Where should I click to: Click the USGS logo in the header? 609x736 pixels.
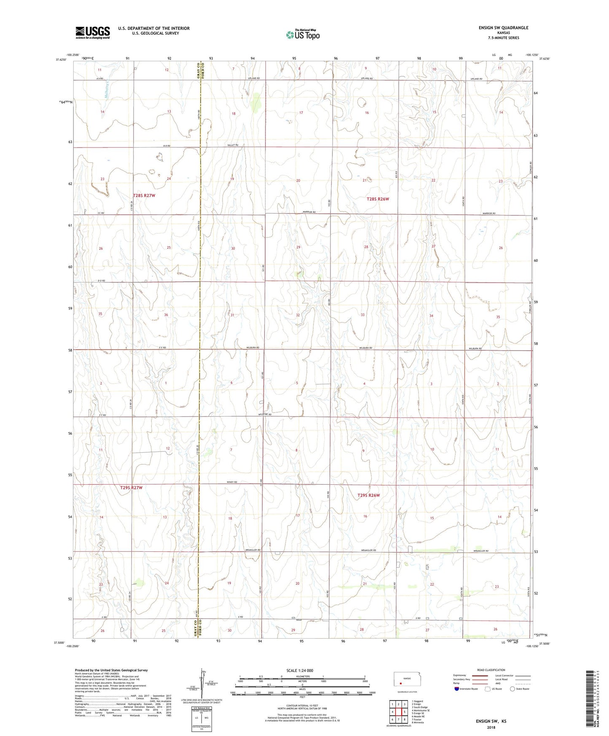(x=93, y=32)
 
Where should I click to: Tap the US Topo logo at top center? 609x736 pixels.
(x=303, y=35)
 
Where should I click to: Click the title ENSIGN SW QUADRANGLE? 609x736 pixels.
(x=503, y=28)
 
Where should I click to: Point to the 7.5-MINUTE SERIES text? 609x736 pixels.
(x=503, y=38)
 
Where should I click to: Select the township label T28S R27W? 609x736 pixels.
(x=144, y=196)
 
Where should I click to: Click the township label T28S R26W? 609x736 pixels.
(x=378, y=199)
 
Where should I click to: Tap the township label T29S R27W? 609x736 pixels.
(x=131, y=488)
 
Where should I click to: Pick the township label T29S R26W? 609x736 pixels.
(x=369, y=495)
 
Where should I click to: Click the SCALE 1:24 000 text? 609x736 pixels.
(x=300, y=670)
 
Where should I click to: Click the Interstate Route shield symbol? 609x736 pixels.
(x=457, y=688)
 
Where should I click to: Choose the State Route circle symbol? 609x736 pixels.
(x=512, y=688)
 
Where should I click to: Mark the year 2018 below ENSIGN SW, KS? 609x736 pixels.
(x=491, y=727)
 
